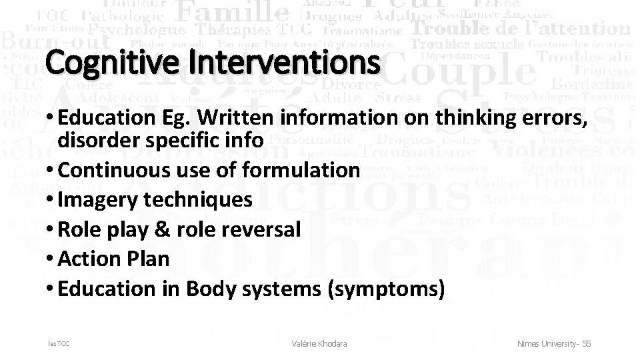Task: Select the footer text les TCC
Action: pyautogui.click(x=58, y=343)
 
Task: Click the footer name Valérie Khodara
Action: pyautogui.click(x=319, y=343)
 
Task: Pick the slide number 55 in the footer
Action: pyautogui.click(x=586, y=343)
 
